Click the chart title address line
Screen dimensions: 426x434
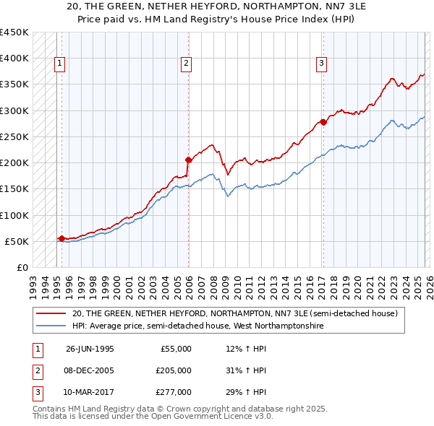217,6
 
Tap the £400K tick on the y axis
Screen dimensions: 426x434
14,58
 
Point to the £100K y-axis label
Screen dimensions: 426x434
14,215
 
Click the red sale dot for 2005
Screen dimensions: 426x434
188,160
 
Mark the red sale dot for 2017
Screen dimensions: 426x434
323,122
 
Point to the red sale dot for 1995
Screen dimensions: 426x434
61,238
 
